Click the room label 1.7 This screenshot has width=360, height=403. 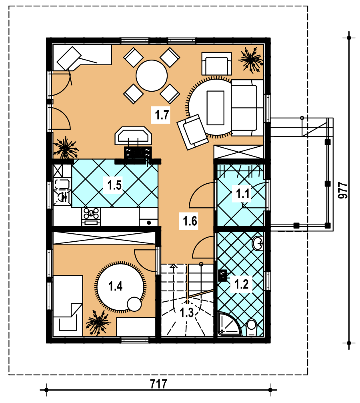pyautogui.click(x=162, y=114)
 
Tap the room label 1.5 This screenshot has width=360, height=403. pyautogui.click(x=114, y=185)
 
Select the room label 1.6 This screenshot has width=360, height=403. pyautogui.click(x=190, y=221)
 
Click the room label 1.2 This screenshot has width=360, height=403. pyautogui.click(x=242, y=284)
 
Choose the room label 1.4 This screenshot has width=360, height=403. pyautogui.click(x=115, y=286)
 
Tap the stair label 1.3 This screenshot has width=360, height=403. pyautogui.click(x=186, y=313)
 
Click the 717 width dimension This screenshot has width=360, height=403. pyautogui.click(x=158, y=384)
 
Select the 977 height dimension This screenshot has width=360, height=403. pyautogui.click(x=343, y=190)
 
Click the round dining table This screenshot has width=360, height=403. pyautogui.click(x=152, y=76)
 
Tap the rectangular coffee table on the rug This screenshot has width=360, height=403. pyautogui.click(x=215, y=108)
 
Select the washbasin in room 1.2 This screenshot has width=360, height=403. pyautogui.click(x=258, y=243)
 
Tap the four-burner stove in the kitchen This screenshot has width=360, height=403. pyautogui.click(x=91, y=217)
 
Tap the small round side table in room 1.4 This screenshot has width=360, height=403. pyautogui.click(x=134, y=304)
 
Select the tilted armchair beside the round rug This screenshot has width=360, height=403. pyautogui.click(x=192, y=132)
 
